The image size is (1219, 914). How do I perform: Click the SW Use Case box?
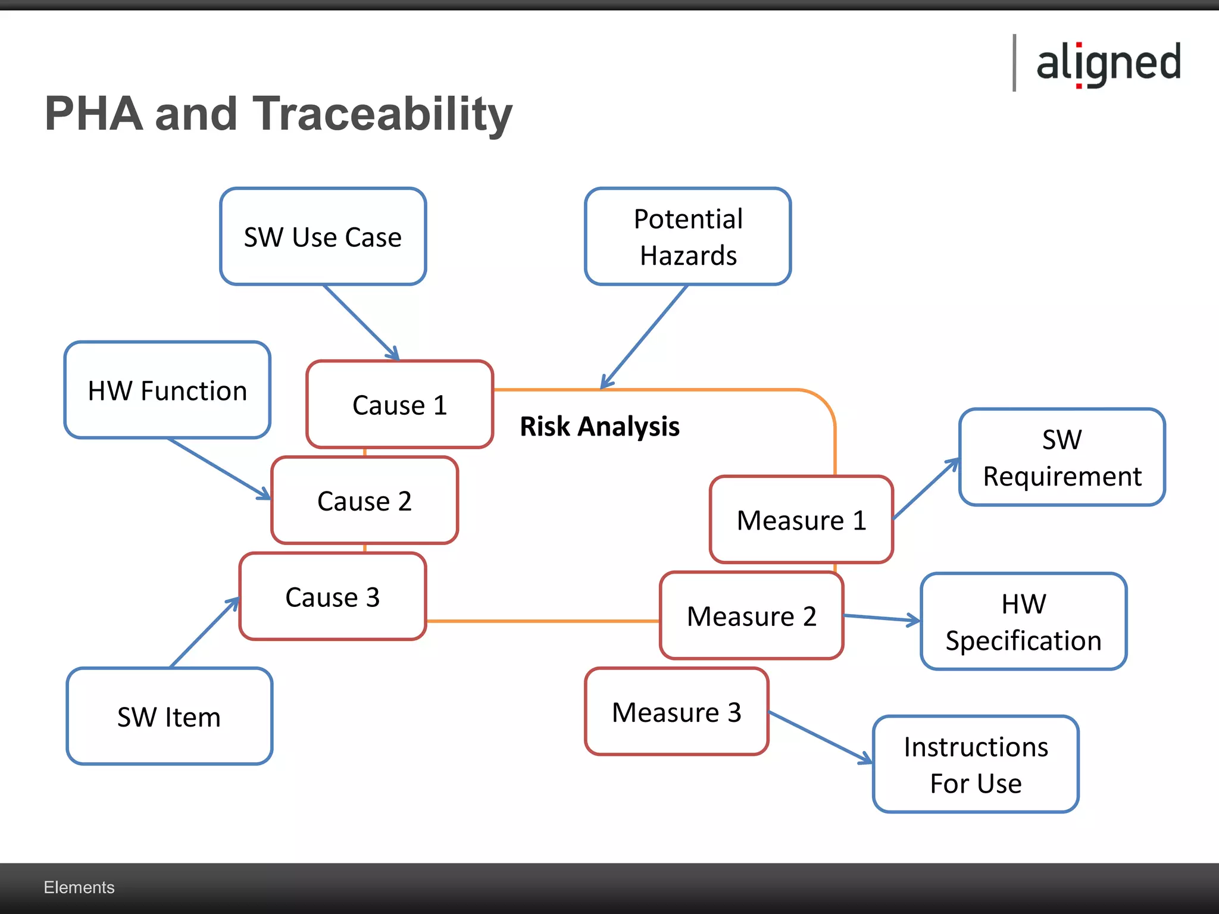pos(323,237)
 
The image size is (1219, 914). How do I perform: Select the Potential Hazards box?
pos(688,237)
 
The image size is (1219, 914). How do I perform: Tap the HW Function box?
pos(167,390)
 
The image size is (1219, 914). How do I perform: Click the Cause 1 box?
pos(399,405)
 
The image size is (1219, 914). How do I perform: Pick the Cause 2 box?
pos(364,500)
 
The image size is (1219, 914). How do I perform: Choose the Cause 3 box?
pos(332,597)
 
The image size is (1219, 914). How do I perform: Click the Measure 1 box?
pos(801,520)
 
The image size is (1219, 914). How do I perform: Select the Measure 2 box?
pos(751,616)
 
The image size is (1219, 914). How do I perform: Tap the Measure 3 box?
pos(677,712)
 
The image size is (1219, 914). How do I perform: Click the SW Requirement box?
pos(1062,457)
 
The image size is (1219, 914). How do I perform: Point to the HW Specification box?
pos(1023,622)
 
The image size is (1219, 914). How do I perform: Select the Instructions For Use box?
pos(976,765)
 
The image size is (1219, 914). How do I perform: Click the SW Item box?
pos(170,716)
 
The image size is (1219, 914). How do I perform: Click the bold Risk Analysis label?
pos(599,426)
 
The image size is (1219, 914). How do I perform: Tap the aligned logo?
pos(1108,63)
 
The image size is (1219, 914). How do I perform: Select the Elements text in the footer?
pos(79,887)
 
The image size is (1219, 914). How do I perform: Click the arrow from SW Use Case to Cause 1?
pos(361,322)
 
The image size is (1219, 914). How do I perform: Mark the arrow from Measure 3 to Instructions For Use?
pos(820,737)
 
